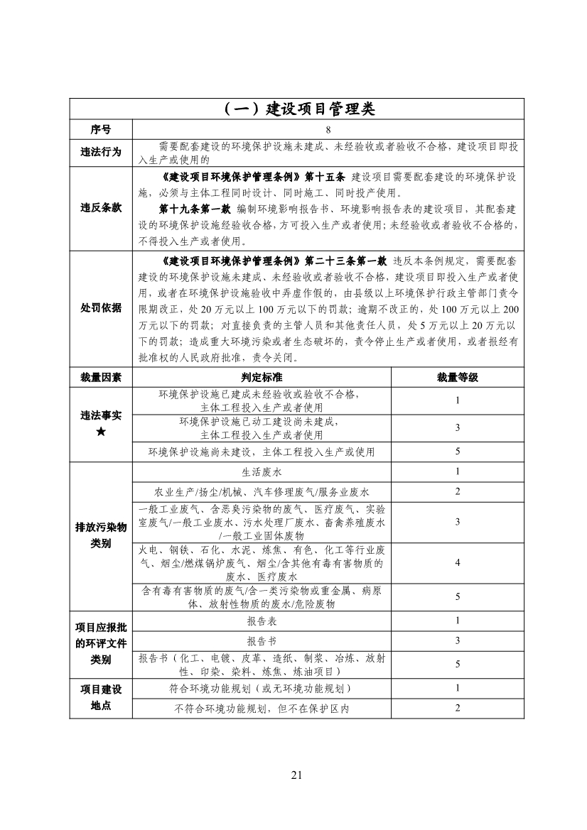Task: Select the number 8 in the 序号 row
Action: point(328,130)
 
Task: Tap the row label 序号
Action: point(101,130)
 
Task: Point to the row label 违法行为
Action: point(101,152)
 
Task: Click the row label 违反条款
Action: point(101,208)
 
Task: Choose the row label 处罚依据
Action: point(101,308)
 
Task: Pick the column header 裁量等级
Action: point(458,377)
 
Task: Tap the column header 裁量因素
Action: point(101,377)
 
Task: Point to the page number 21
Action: point(296,775)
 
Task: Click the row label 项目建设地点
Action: point(101,698)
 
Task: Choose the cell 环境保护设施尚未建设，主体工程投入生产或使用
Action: point(262,452)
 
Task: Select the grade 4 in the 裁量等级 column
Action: point(458,563)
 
